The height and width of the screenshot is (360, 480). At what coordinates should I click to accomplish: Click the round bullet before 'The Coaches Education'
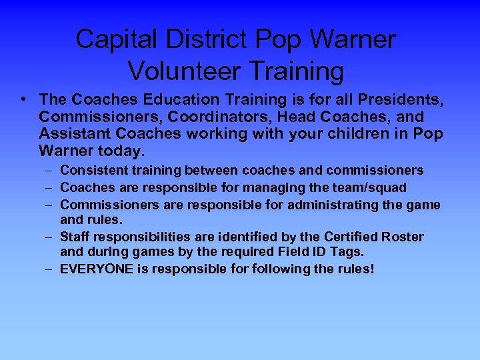click(x=24, y=99)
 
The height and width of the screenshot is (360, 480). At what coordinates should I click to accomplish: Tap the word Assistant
click(x=69, y=134)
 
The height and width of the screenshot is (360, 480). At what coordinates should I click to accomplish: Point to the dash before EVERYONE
click(x=51, y=269)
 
